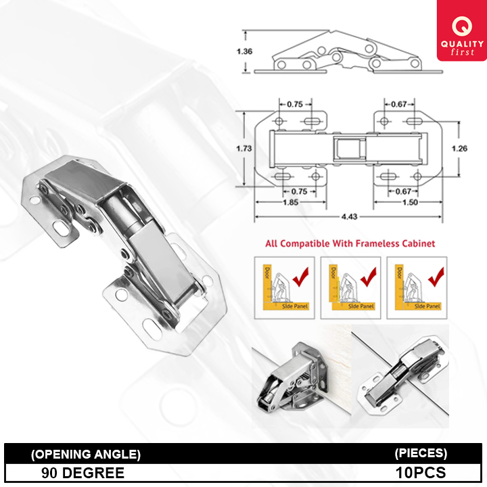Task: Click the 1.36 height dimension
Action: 244,51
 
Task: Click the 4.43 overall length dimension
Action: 348,216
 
